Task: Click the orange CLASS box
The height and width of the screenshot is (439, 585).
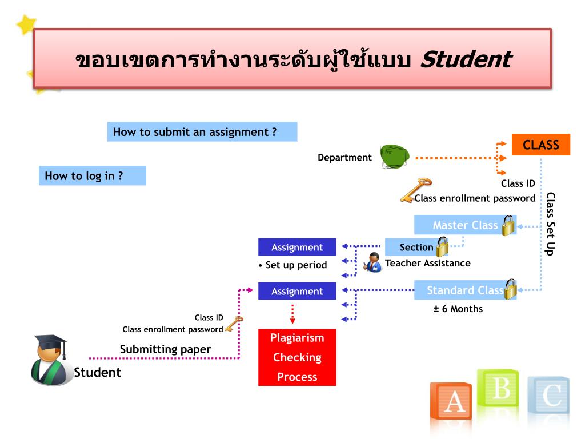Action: coord(540,145)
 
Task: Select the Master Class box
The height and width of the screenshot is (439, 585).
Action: coord(464,225)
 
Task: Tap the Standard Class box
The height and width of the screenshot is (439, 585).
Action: coord(464,290)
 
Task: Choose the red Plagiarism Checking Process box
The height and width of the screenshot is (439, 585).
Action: coord(297,357)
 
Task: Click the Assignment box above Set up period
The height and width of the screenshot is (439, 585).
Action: coord(297,247)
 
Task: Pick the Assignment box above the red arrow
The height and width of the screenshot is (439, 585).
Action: coord(297,291)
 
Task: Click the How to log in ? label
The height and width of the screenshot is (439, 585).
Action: coord(92,175)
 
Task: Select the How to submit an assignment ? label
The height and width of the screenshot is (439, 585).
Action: coord(202,132)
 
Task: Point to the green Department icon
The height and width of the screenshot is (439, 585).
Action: coord(394,156)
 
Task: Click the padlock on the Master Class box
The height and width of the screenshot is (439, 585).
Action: coord(508,226)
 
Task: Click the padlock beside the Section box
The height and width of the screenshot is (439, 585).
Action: coord(442,247)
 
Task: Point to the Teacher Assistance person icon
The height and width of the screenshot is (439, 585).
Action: coord(374,262)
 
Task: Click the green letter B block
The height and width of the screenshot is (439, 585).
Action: coord(499,390)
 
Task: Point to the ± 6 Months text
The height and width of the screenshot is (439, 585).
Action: coord(458,309)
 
